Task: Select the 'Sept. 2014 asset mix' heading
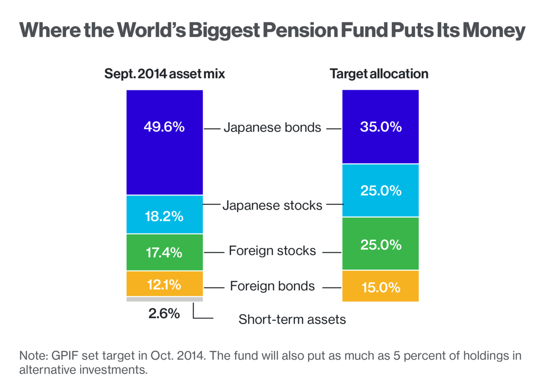pos(165,74)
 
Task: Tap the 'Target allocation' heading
pos(379,74)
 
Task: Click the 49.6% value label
pos(164,127)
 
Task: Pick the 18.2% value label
pos(164,216)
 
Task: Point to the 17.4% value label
pos(164,252)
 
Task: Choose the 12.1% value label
pos(164,285)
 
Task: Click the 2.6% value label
pos(164,314)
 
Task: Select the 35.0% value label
pos(380,126)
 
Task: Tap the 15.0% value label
pos(380,288)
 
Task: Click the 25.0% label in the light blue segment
pos(380,190)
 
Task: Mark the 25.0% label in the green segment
pos(380,245)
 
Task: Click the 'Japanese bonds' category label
pos(272,127)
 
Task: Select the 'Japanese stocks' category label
pos(272,206)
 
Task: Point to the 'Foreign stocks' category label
pos(272,251)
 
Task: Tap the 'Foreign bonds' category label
pos(272,286)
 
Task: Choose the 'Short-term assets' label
pos(292,319)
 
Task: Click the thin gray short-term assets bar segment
pos(164,299)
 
